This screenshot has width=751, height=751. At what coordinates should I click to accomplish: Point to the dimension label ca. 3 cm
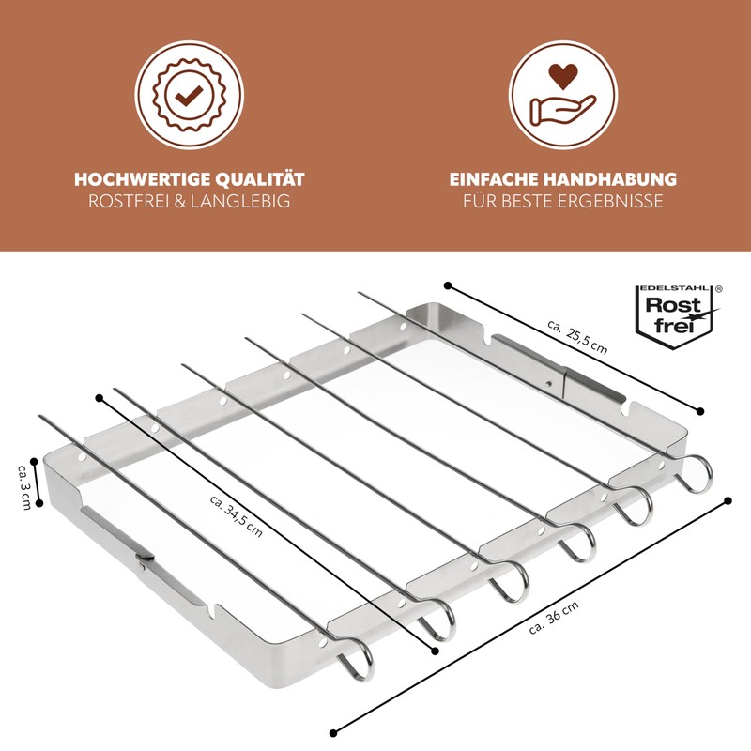coord(24,485)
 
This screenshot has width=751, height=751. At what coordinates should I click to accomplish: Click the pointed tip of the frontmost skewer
coord(39,417)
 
